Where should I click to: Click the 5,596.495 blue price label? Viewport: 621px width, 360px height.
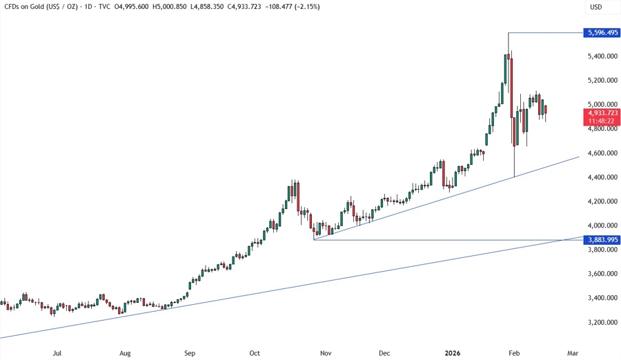pos(601,32)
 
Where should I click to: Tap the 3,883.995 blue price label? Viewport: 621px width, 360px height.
pos(601,239)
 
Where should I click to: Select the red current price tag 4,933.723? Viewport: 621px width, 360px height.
pos(601,112)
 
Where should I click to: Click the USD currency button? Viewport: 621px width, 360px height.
pos(595,7)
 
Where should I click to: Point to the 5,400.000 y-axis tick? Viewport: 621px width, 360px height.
pos(601,56)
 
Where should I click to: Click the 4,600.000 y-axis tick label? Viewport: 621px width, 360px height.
pos(601,153)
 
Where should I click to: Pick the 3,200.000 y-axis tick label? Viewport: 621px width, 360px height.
pos(601,322)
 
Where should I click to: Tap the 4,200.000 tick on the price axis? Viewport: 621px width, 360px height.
pos(601,201)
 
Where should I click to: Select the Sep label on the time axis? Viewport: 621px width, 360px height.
pos(189,353)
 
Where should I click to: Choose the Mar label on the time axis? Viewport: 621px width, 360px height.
pos(572,353)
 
